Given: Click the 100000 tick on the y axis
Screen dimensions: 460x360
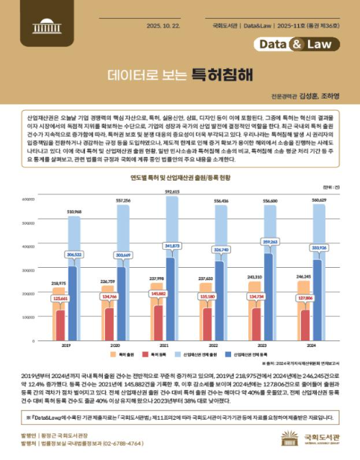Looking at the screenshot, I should (28, 317).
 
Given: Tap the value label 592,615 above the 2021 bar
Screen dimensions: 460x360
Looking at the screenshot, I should (172, 193).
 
